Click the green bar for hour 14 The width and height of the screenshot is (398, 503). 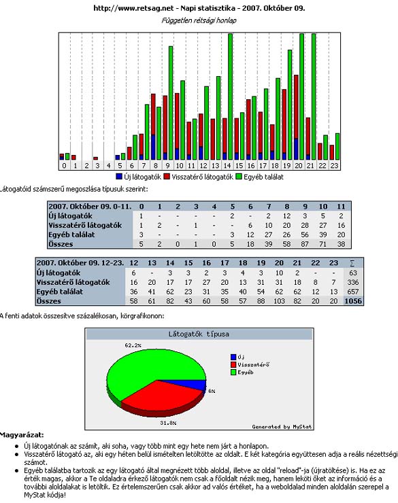pyautogui.click(x=230, y=97)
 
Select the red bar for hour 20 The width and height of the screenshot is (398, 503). pyautogui.click(x=296, y=107)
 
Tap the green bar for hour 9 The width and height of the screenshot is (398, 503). pyautogui.click(x=171, y=103)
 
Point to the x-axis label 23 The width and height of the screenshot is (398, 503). pyautogui.click(x=335, y=166)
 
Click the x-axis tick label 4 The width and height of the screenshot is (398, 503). pyautogui.click(x=108, y=166)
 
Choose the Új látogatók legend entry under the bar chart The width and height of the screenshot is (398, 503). pyautogui.click(x=138, y=177)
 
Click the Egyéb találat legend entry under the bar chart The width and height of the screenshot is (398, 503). pyautogui.click(x=260, y=177)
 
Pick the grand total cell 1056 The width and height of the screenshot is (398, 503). pyautogui.click(x=353, y=301)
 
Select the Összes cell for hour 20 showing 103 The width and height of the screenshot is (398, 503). pyautogui.click(x=279, y=301)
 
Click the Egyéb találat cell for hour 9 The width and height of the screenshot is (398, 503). pyautogui.click(x=305, y=235)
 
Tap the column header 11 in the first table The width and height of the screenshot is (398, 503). pyautogui.click(x=341, y=207)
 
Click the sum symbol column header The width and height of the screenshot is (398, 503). pyautogui.click(x=352, y=263)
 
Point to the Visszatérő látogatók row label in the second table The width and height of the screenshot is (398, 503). pyautogui.click(x=73, y=282)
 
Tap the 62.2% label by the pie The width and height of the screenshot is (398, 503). pyautogui.click(x=133, y=345)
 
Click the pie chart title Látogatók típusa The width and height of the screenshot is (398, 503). pyautogui.click(x=199, y=334)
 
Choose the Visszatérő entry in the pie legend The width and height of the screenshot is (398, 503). pyautogui.click(x=250, y=364)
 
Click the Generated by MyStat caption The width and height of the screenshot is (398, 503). pyautogui.click(x=282, y=427)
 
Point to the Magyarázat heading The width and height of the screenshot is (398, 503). pyautogui.click(x=22, y=435)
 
